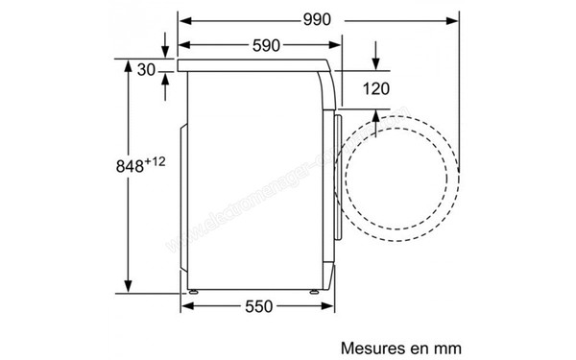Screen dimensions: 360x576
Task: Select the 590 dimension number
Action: coord(260,45)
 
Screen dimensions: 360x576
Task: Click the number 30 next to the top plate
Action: coord(146,69)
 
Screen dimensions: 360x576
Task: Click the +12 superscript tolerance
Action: coord(157,160)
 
